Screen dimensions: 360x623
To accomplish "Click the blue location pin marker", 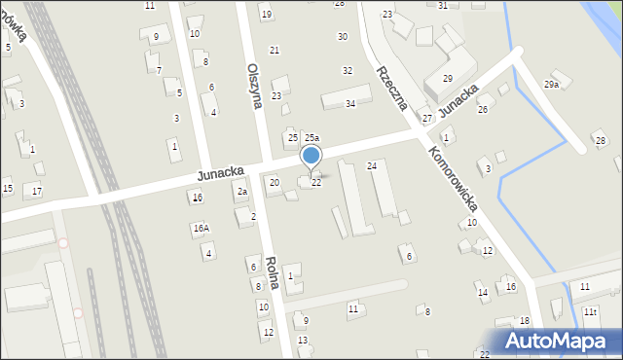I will tap(311, 157).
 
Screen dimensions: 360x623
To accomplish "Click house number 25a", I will tap(311, 139).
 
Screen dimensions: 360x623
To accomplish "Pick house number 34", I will tap(350, 103).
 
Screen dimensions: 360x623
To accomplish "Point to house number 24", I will tap(371, 166).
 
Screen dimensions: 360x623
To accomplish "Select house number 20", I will tap(274, 182).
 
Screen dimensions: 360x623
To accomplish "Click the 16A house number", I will tap(201, 229).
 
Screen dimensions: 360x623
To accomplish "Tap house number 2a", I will tap(241, 192).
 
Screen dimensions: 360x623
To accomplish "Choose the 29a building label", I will tap(552, 85).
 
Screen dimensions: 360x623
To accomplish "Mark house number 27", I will tap(426, 118).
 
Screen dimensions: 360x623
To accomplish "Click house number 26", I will tap(482, 109).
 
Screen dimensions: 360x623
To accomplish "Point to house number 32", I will tap(348, 70).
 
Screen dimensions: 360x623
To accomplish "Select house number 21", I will tap(275, 50).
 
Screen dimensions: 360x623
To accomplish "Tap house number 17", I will tap(37, 190).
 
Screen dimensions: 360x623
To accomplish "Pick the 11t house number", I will tap(590, 311).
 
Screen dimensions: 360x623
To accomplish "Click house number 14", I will tap(482, 292).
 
